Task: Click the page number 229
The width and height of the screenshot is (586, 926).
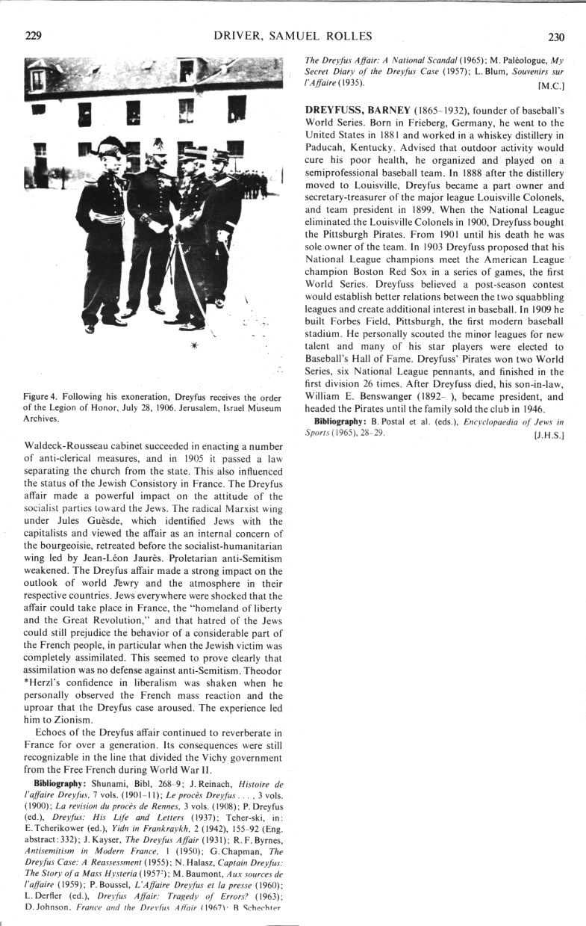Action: (x=32, y=36)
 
